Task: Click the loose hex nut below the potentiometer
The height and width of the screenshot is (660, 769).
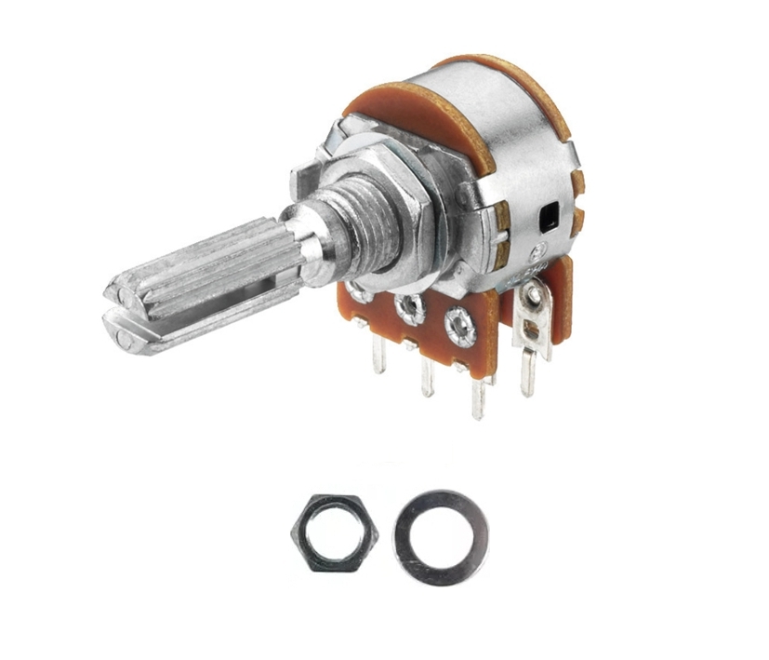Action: point(335,534)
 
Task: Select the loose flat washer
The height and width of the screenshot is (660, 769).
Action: point(441,538)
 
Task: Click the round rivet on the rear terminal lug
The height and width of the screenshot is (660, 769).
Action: point(533,297)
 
